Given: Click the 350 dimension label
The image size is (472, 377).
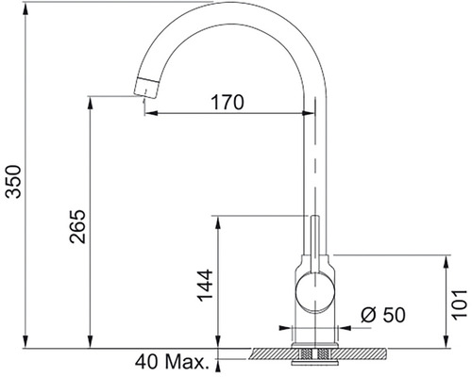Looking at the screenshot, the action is point(13,181).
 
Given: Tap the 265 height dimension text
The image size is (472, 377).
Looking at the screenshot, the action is point(77,226).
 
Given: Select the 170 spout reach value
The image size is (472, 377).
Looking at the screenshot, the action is point(228,102).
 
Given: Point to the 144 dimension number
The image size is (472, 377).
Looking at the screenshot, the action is point(205,285).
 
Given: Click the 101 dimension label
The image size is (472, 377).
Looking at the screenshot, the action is point(460,304).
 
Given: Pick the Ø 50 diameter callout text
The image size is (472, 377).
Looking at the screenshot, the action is point(383,315).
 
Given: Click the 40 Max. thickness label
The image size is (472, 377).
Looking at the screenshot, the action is point(172,362).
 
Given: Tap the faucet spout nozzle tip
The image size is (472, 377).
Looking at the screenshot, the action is point(146,88).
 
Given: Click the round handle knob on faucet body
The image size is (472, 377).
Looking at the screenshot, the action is point(315,292).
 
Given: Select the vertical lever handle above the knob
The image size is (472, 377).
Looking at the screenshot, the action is point(315,243).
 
